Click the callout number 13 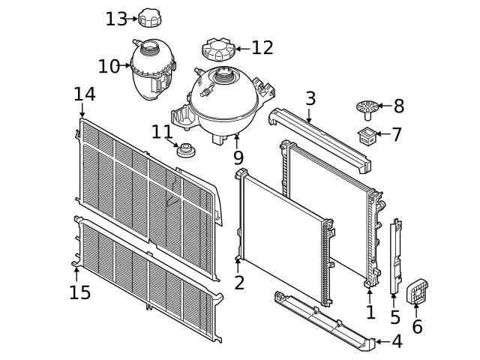click(x=116, y=19)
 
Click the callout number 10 click(x=109, y=67)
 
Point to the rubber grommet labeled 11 click(x=185, y=151)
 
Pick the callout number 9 click(x=238, y=158)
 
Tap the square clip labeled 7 click(x=368, y=136)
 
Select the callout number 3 click(x=310, y=98)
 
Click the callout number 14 click(x=85, y=94)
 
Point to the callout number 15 click(x=79, y=291)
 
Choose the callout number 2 click(x=239, y=283)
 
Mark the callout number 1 click(x=370, y=311)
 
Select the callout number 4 click(x=397, y=342)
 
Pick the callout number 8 click(x=398, y=106)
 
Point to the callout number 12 click(x=262, y=48)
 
